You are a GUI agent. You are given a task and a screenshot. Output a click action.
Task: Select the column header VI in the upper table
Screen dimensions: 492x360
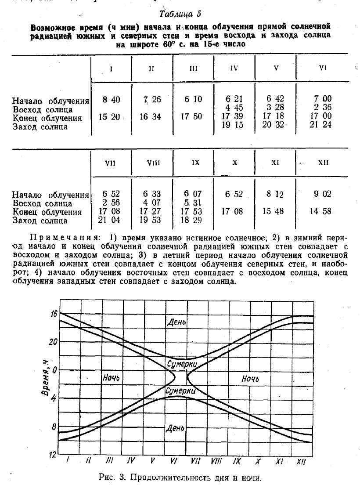pos(323,68)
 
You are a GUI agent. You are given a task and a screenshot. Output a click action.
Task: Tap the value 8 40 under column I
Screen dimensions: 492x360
pos(111,100)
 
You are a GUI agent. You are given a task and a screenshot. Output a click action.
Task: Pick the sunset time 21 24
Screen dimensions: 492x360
pos(323,125)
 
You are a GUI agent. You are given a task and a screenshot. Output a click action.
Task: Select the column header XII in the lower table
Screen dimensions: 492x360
pos(323,163)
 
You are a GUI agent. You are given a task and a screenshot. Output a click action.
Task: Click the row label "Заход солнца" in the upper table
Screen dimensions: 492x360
pos(40,127)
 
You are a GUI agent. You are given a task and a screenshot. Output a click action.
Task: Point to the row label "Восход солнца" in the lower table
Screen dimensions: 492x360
pos(43,203)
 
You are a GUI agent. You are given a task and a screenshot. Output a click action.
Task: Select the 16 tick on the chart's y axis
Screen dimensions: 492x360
pos(54,314)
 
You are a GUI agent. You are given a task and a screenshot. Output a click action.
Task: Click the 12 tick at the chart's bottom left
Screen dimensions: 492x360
pos(53,454)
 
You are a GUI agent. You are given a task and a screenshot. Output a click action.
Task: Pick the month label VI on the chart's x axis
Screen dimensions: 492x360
pos(173,461)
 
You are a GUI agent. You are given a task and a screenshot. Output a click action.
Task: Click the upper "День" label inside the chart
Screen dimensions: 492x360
pos(176,322)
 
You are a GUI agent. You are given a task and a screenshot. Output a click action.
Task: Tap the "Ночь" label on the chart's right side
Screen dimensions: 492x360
pos(250,378)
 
